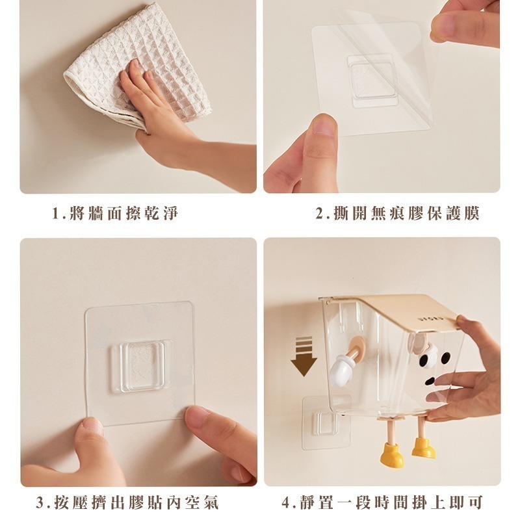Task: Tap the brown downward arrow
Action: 304,356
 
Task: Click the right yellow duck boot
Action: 424,448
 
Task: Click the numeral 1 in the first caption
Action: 55,213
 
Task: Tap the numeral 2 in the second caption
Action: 319,213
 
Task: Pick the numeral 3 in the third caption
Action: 40,502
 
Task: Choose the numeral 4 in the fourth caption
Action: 286,502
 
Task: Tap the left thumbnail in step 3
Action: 94,425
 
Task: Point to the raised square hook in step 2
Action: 372,81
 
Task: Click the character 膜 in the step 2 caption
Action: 472,213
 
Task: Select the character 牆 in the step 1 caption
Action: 96,213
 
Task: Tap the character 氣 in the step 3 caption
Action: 210,502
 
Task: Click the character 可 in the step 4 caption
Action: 475,502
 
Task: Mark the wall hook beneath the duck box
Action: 326,423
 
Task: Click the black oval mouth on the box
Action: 430,381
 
